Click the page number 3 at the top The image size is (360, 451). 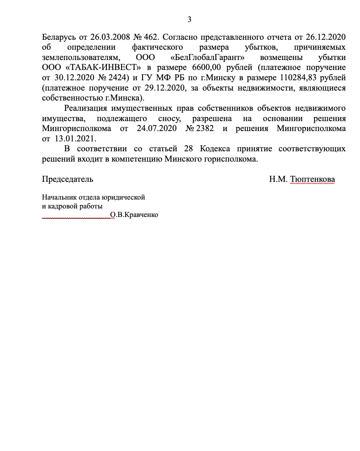[189, 20]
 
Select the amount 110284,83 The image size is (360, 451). [299, 78]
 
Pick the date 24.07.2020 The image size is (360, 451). [157, 129]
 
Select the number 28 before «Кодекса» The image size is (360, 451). [189, 149]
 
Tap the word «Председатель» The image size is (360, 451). [67, 179]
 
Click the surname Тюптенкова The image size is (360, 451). [312, 179]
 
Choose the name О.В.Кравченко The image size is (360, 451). [134, 215]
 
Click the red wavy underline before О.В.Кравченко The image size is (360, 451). [76, 218]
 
